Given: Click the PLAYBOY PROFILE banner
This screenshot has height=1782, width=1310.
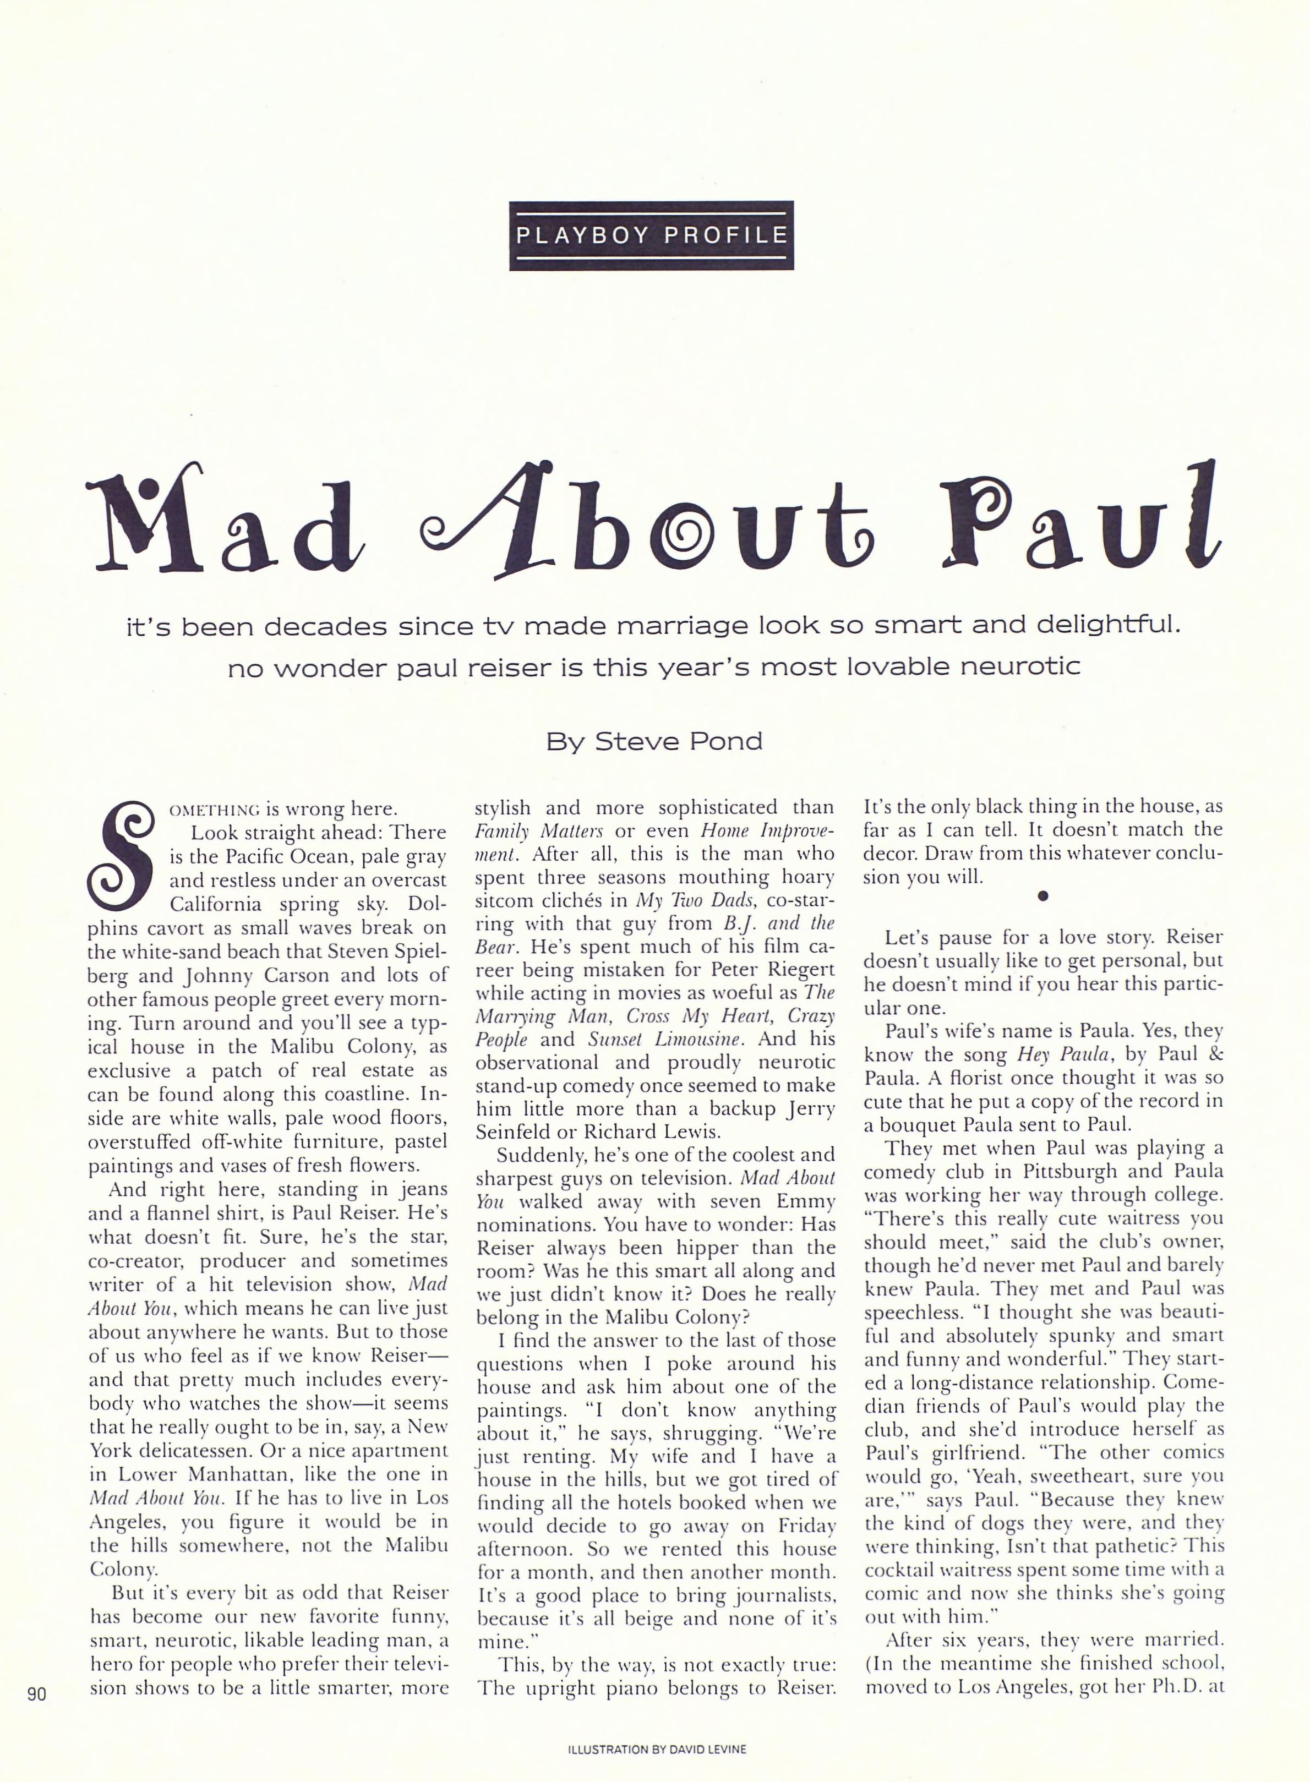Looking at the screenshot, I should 651,236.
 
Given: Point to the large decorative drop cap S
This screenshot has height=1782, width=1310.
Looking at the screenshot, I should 127,858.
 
